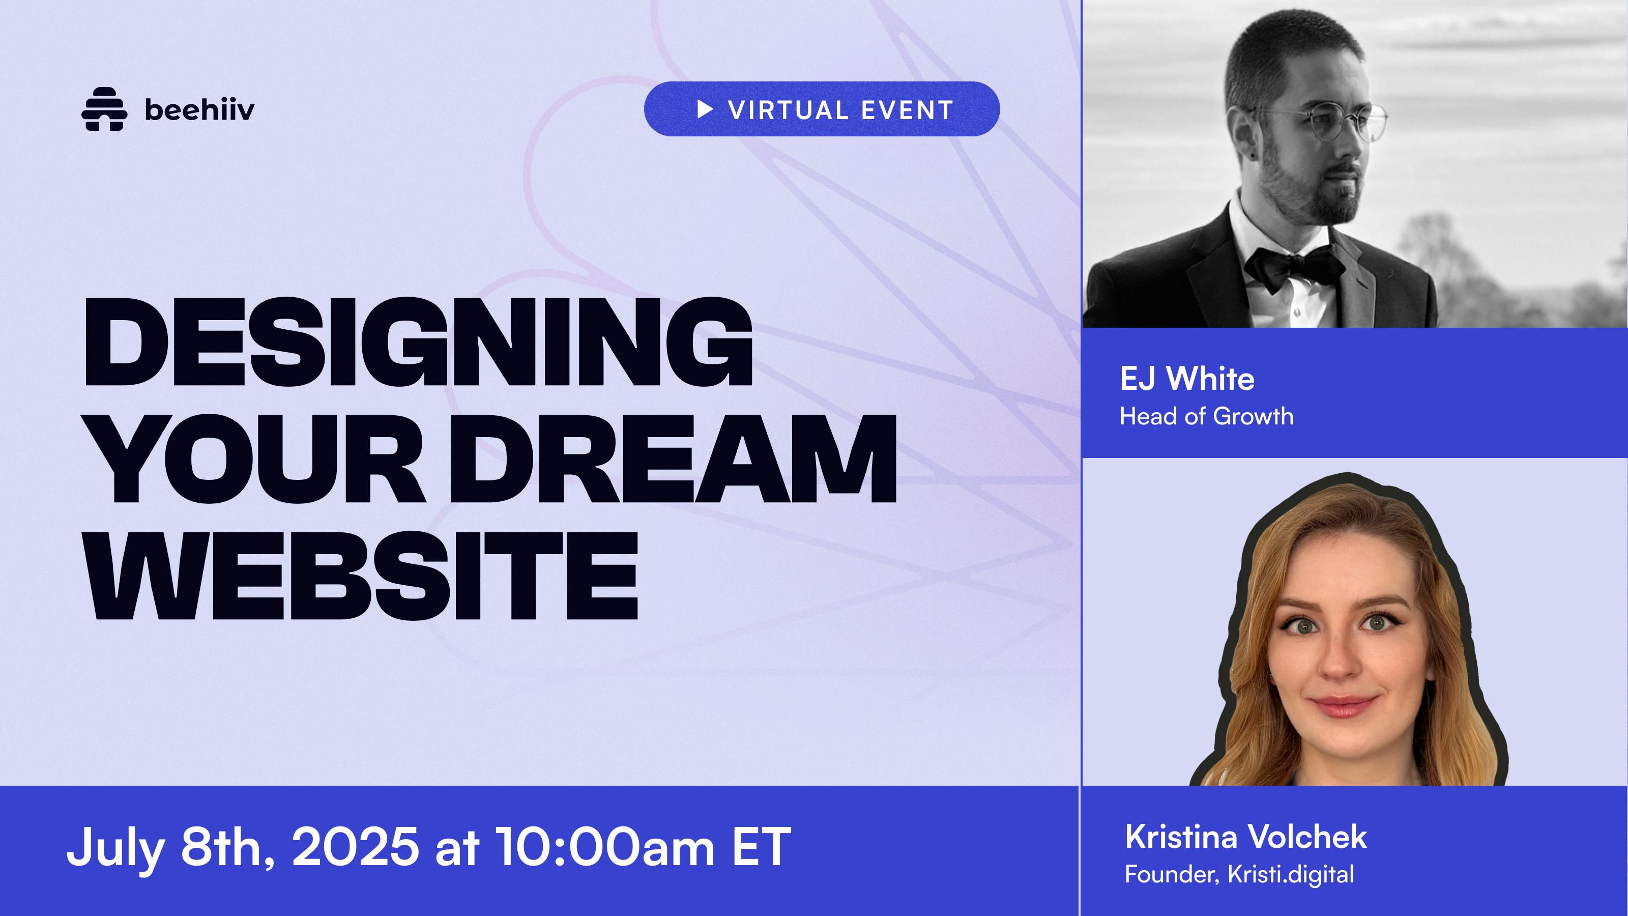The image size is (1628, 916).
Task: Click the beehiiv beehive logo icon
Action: (x=104, y=109)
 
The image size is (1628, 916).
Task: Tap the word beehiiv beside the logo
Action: (x=200, y=110)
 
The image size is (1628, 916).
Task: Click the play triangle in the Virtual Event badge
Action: (x=705, y=109)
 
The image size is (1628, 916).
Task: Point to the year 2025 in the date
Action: (x=355, y=846)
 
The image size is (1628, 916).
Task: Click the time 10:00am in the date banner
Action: (x=605, y=846)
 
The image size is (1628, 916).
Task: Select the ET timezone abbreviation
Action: (x=762, y=846)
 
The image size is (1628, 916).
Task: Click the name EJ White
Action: (x=1187, y=379)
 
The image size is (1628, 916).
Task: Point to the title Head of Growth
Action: (x=1206, y=416)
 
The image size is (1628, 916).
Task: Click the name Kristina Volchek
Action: (x=1245, y=837)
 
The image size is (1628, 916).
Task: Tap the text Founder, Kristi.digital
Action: (x=1239, y=875)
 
